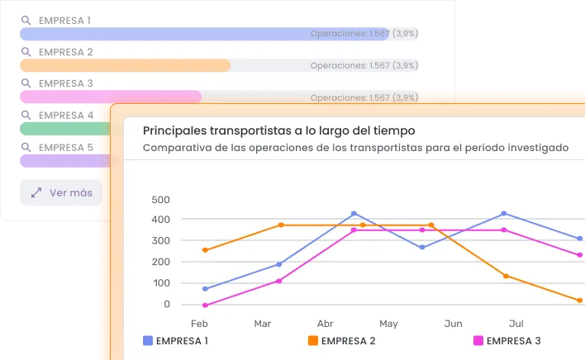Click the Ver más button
coord(60,193)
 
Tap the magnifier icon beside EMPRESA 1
coord(26,21)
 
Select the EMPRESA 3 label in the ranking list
coord(66,83)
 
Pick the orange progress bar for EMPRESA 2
coord(124,65)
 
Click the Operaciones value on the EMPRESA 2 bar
coord(364,65)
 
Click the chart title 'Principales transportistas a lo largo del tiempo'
coord(278,130)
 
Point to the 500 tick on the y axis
coord(160,200)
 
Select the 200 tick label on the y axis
coord(160,263)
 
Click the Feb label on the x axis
coord(199,323)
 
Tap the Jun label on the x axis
coord(453,323)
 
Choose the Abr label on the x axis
coord(326,323)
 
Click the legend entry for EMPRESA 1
coord(175,340)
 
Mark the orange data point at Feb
coord(205,250)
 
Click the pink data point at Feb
coord(205,306)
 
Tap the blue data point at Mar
coord(278,264)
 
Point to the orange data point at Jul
coord(505,276)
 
